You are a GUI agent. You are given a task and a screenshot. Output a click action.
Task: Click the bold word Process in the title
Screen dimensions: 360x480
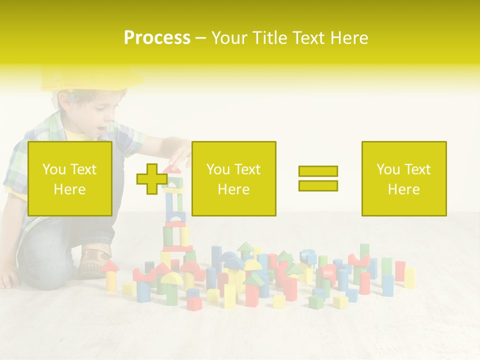coord(157,38)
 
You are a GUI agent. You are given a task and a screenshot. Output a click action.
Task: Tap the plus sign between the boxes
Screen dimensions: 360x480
coord(152,179)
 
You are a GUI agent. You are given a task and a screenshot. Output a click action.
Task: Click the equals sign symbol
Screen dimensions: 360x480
coord(318,178)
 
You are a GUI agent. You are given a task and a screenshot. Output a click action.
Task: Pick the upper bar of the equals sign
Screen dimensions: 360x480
coord(318,171)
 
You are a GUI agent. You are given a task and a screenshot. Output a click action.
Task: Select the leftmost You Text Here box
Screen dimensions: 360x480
coord(70,178)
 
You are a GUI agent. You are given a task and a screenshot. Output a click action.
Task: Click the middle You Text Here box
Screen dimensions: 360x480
coord(233,178)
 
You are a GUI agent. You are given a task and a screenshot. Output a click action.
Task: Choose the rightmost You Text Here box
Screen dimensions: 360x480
coord(403,178)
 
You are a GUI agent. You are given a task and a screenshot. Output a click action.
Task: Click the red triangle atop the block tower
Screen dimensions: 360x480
coord(172,169)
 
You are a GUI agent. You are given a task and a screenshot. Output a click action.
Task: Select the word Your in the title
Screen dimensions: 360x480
coord(227,38)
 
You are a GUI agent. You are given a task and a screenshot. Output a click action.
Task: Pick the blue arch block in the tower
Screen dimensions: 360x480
coord(175,217)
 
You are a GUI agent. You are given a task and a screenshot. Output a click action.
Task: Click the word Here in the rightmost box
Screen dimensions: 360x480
coord(403,189)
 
